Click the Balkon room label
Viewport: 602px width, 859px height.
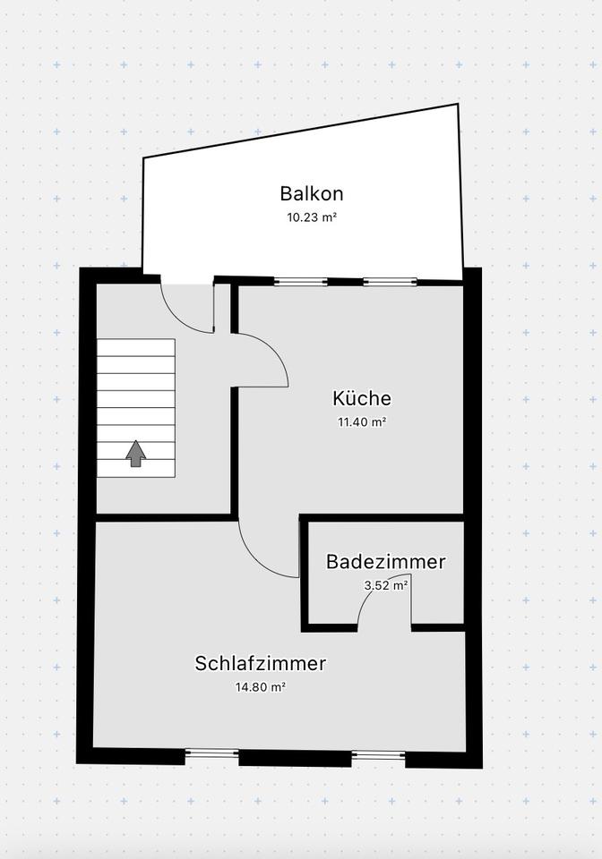coord(312,193)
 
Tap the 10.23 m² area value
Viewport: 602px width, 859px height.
coord(312,217)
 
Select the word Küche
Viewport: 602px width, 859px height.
coord(362,399)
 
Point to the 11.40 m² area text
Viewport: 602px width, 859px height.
coord(362,422)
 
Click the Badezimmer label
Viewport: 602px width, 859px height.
coord(385,562)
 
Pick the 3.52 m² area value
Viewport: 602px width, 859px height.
coord(386,585)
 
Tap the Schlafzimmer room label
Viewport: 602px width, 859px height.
coord(261,664)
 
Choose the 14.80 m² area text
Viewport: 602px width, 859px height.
coord(261,687)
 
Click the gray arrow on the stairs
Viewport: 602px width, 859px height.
coord(135,453)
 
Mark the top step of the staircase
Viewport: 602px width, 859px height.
coord(135,347)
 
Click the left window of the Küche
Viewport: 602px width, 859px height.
coord(301,282)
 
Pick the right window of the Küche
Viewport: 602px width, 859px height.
coord(391,282)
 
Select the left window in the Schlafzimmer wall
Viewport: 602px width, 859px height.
coord(212,753)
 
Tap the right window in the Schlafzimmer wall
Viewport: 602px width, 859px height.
coord(378,755)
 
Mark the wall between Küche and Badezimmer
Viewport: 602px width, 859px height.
coord(382,517)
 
